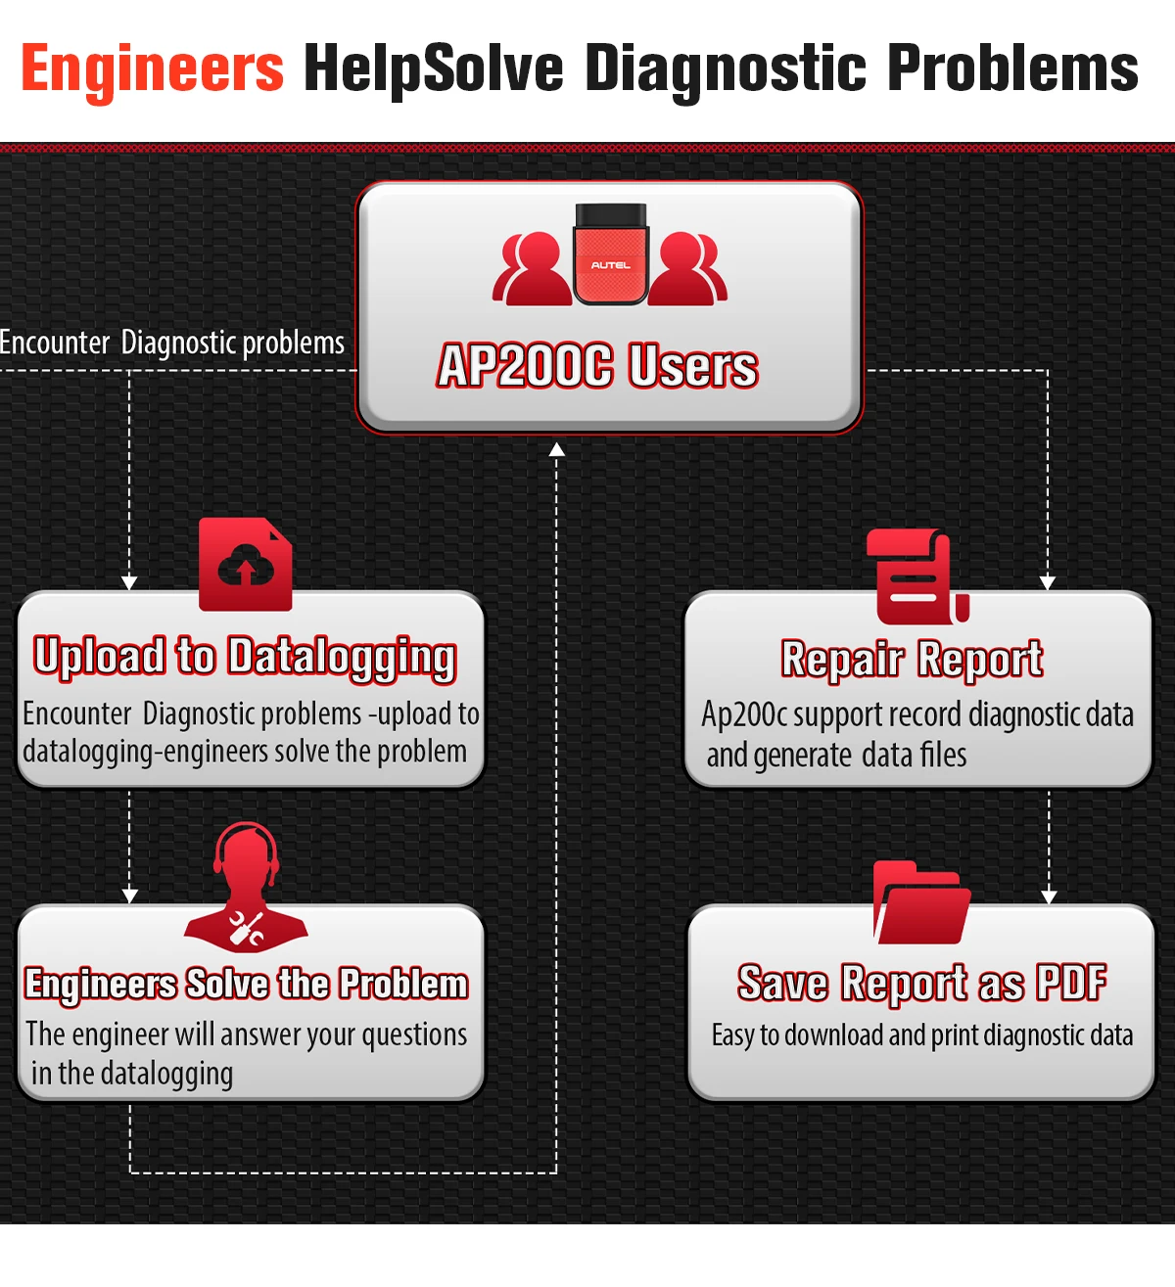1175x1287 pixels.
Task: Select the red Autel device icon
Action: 610,254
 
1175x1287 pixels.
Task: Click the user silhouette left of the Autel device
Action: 532,269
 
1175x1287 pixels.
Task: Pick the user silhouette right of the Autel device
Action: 688,269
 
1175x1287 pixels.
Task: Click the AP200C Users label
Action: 597,366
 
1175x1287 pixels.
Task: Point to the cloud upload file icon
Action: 246,565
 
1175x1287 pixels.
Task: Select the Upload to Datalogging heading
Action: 245,657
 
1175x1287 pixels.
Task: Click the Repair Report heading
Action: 912,659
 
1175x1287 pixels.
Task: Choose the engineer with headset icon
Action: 247,886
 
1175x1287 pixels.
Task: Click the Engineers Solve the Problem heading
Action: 246,984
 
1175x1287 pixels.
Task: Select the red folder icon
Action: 921,903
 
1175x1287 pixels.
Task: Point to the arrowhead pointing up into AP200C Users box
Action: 556,449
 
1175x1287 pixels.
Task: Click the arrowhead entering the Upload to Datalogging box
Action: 129,582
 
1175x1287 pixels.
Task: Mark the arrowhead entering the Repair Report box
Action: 1048,582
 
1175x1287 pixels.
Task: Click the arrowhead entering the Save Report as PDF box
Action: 1049,896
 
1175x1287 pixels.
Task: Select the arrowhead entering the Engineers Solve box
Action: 129,896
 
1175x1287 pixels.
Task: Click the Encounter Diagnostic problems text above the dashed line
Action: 172,344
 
